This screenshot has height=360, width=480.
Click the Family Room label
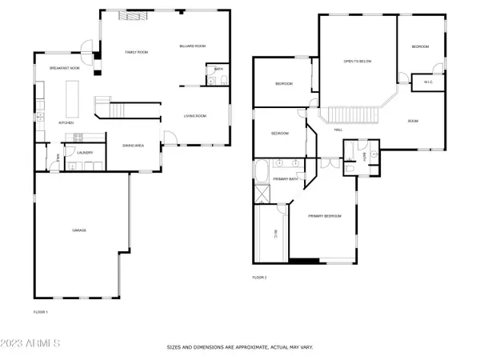pyautogui.click(x=137, y=51)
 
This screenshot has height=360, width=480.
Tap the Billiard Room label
pyautogui.click(x=192, y=47)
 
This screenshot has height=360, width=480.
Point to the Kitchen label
pyautogui.click(x=66, y=122)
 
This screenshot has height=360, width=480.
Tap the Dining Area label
pyautogui.click(x=133, y=146)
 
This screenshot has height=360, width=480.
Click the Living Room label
pyautogui.click(x=194, y=116)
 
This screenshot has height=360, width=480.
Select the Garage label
pyautogui.click(x=79, y=230)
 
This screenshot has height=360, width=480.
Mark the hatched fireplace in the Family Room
pyautogui.click(x=127, y=15)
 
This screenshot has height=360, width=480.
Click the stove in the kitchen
pyautogui.click(x=78, y=137)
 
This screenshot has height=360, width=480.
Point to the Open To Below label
pyautogui.click(x=358, y=61)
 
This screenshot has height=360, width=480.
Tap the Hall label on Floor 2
pyautogui.click(x=338, y=129)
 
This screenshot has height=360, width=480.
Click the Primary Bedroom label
pyautogui.click(x=326, y=216)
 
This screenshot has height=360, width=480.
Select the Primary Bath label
pyautogui.click(x=286, y=180)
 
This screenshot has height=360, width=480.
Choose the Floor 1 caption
pyautogui.click(x=41, y=311)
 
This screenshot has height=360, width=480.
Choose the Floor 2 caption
pyautogui.click(x=259, y=278)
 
